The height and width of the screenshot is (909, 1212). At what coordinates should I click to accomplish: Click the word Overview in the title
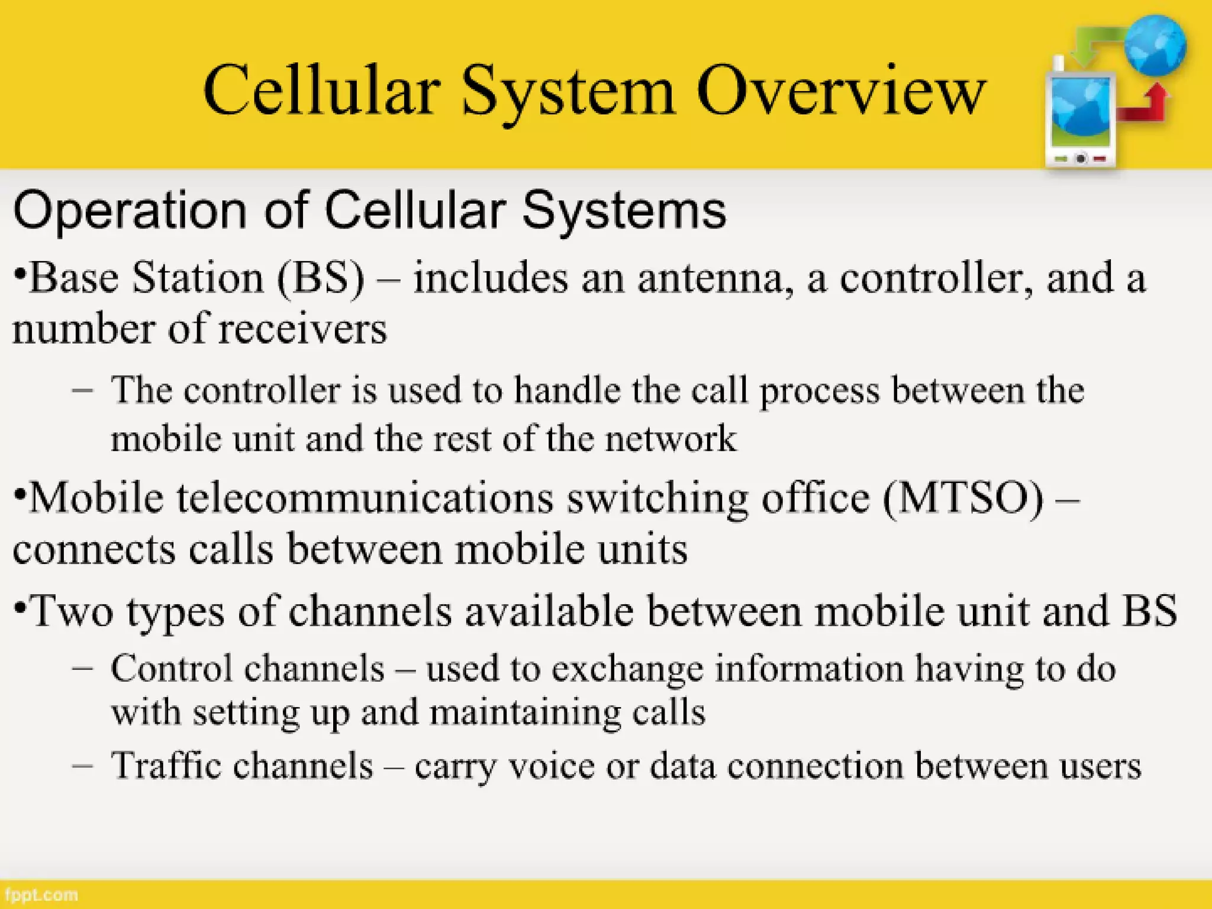point(840,92)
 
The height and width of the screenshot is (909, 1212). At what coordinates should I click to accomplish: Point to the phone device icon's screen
point(1081,112)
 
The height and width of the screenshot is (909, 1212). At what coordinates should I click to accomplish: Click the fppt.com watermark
point(40,894)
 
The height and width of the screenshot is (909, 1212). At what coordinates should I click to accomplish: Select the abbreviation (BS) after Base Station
point(322,278)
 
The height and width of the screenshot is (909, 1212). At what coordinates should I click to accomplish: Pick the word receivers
point(302,329)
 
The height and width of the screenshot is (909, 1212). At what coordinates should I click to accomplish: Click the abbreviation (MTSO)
point(964,498)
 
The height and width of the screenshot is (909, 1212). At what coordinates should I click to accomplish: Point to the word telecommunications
point(365,498)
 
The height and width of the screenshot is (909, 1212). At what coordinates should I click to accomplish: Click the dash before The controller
point(82,391)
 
